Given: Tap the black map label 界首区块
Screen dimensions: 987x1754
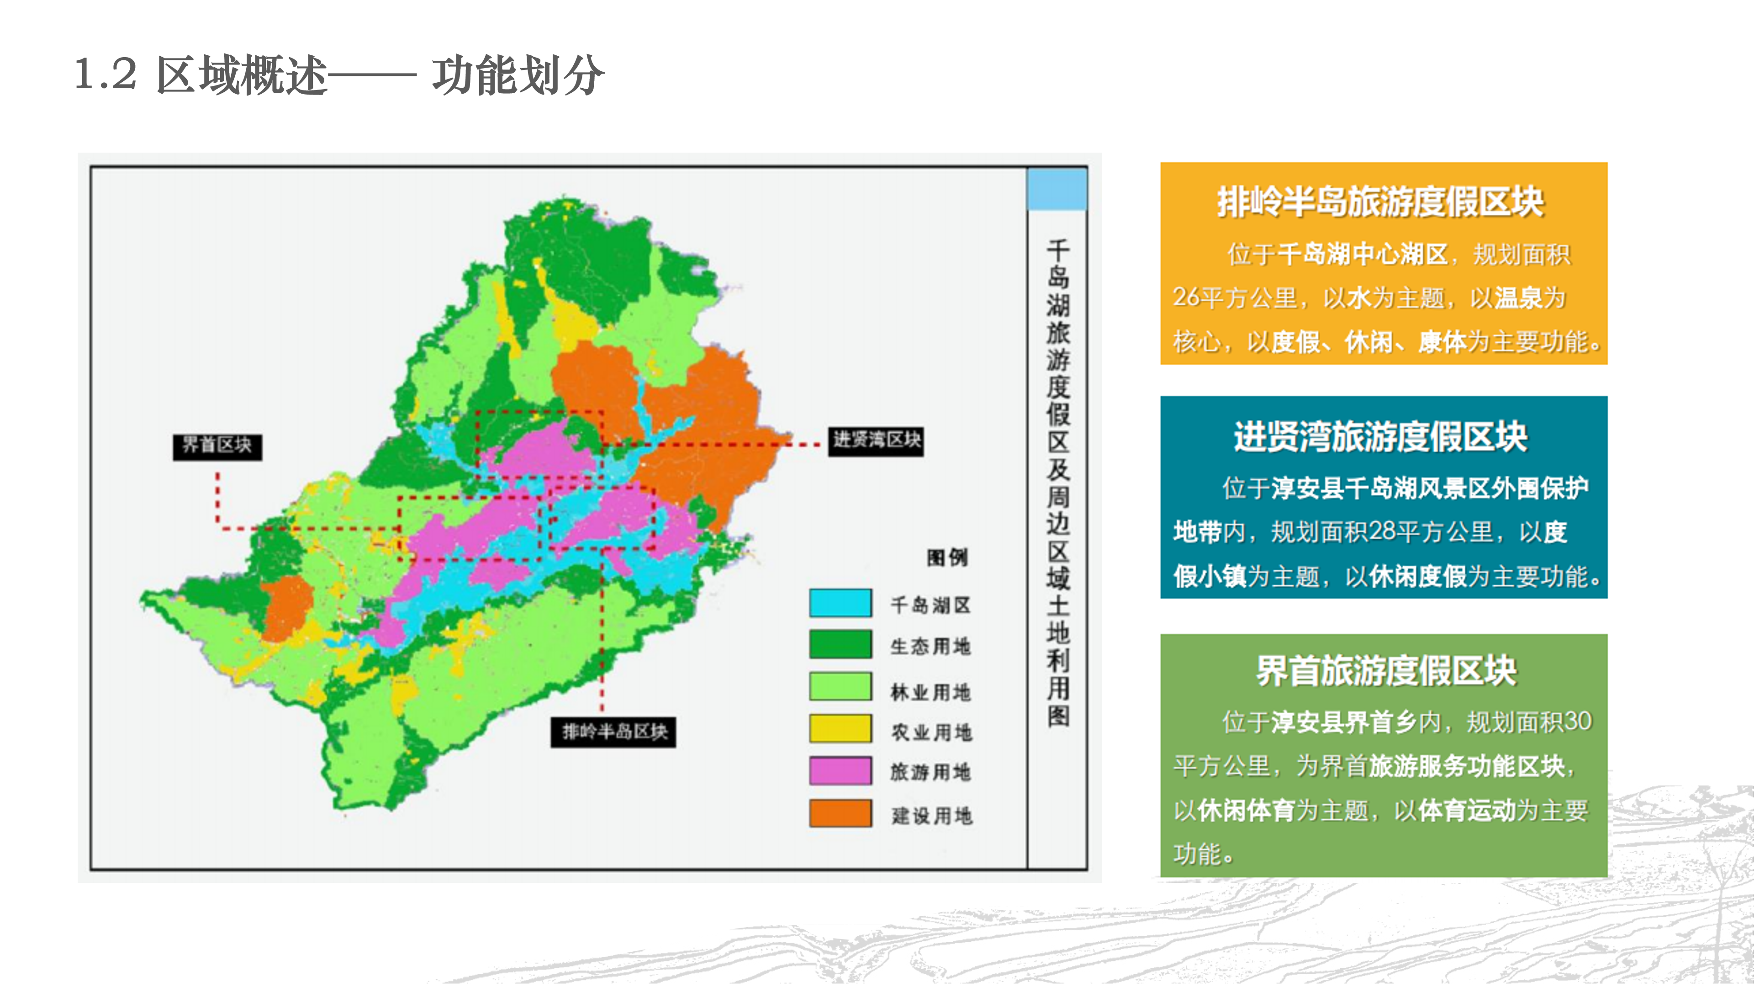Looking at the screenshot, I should [217, 446].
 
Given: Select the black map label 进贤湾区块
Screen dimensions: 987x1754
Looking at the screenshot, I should [876, 440].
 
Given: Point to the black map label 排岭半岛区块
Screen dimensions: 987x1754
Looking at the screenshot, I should [613, 732].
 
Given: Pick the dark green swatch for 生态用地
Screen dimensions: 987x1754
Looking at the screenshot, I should [840, 644].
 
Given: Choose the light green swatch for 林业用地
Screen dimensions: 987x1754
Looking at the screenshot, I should [840, 687].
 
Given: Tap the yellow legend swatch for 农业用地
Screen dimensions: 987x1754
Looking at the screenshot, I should [840, 729].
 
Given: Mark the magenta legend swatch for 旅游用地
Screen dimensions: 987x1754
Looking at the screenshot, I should [840, 771].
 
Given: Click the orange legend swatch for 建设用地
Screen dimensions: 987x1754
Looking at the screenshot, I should [840, 813].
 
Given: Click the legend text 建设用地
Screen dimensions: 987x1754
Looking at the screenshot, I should [931, 815].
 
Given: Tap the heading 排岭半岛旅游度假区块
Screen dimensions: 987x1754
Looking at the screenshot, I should [1381, 202].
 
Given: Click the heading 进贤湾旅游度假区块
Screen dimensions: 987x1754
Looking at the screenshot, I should [1381, 437].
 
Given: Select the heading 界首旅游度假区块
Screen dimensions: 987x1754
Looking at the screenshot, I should [1386, 671].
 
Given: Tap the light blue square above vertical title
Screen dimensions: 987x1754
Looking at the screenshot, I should [1057, 189].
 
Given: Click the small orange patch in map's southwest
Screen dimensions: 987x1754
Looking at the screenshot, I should [288, 608].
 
